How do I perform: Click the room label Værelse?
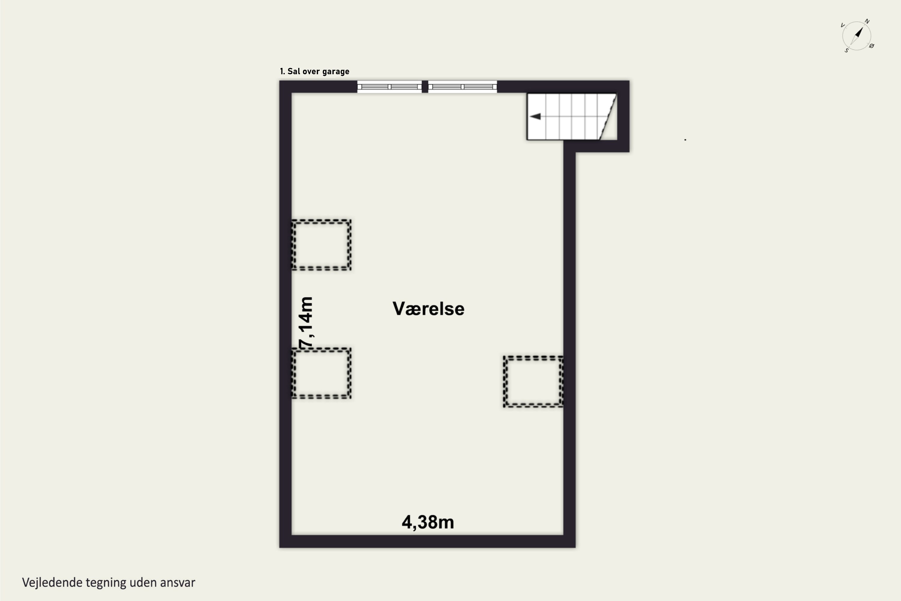(x=428, y=309)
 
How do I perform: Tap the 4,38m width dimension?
(x=428, y=522)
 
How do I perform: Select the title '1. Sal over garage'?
(x=314, y=71)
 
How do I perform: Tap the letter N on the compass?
(x=867, y=21)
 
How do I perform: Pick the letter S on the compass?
(x=847, y=50)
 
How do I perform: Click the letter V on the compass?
(x=842, y=25)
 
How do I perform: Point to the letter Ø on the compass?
(x=872, y=46)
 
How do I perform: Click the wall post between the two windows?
(x=425, y=87)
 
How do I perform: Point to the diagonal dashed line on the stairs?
(x=608, y=117)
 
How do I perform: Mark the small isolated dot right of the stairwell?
(x=685, y=140)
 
